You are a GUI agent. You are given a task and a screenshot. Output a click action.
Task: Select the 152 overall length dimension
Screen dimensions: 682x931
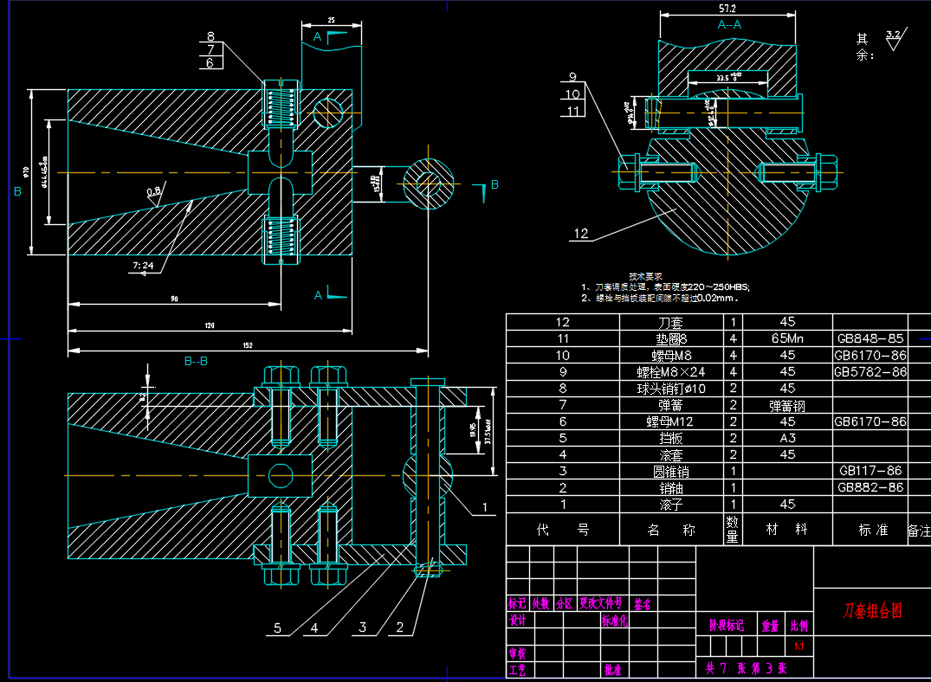(x=248, y=345)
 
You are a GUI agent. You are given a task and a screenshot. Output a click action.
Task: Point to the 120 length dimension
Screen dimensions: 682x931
(x=209, y=325)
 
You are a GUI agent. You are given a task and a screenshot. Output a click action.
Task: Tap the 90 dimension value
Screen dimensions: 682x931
(x=174, y=299)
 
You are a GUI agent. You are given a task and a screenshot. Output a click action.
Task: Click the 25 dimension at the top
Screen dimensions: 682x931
(x=331, y=19)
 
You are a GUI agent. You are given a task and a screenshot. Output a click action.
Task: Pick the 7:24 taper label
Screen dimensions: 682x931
(x=143, y=266)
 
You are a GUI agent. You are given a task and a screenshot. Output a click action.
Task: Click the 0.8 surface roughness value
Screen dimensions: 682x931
(x=153, y=190)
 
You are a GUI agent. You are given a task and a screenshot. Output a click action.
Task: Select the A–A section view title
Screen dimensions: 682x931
(x=729, y=25)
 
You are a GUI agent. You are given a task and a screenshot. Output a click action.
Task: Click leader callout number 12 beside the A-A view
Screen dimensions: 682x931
(x=580, y=233)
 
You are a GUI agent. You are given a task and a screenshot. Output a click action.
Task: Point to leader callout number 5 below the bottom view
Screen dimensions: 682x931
(x=277, y=628)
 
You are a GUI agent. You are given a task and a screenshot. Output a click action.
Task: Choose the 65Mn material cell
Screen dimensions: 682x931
(x=787, y=338)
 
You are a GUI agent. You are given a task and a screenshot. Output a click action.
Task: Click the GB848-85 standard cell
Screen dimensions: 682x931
(x=870, y=338)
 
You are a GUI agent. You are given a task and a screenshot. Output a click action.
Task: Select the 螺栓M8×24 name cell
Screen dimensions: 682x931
(x=670, y=371)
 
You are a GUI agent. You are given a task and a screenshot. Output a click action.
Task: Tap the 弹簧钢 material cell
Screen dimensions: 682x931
(x=787, y=404)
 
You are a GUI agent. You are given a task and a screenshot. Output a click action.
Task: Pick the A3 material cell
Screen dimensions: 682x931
(x=787, y=437)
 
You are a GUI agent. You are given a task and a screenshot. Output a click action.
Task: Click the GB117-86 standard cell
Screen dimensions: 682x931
(x=870, y=471)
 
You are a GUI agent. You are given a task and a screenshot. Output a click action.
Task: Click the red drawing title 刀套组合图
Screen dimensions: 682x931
(x=872, y=610)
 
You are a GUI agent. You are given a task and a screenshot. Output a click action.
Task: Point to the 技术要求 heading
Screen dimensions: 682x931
(x=645, y=275)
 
